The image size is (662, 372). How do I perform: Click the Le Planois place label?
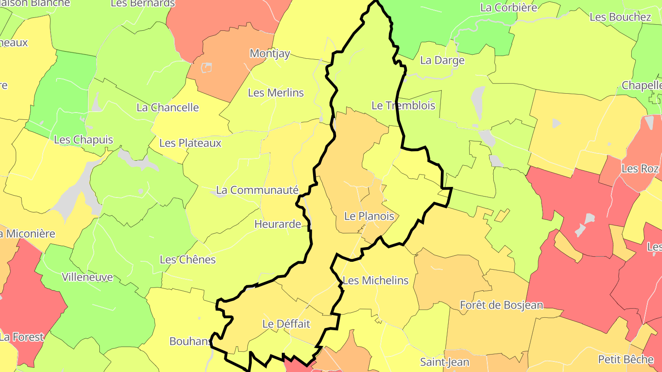(369, 216)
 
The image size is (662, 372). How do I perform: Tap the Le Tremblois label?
(403, 106)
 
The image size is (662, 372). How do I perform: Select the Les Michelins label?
(376, 280)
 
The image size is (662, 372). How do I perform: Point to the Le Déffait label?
(286, 324)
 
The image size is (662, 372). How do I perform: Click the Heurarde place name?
(278, 225)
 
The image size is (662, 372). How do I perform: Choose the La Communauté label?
(257, 190)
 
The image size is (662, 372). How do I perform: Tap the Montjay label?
(270, 53)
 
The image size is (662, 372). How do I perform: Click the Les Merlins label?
(276, 93)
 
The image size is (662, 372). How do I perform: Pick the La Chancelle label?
(168, 107)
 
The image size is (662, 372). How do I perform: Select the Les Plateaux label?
(190, 143)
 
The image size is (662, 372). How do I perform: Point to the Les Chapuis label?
(83, 140)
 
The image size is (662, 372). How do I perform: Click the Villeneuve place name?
(87, 277)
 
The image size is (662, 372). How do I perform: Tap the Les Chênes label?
(188, 259)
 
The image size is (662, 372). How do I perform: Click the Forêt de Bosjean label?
(502, 305)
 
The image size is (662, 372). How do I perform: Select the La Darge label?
(442, 60)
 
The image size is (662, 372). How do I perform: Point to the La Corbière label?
(508, 7)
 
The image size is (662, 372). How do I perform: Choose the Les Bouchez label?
(620, 17)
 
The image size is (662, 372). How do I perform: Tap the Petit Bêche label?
(626, 359)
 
